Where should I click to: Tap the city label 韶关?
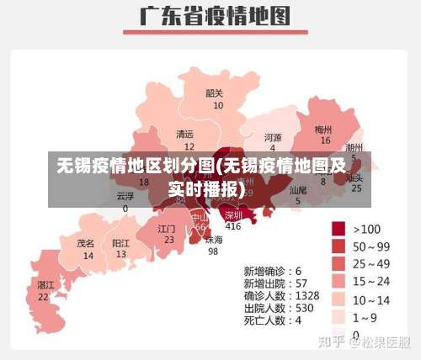click(215, 93)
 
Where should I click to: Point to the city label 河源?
click(273, 137)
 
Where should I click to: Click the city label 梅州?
click(323, 130)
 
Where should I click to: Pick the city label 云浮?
click(125, 196)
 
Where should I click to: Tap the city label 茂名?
click(86, 243)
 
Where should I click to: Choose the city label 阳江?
click(121, 242)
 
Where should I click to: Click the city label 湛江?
click(45, 285)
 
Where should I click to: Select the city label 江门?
click(167, 228)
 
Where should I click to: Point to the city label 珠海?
click(214, 240)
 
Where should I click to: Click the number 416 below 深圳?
click(233, 226)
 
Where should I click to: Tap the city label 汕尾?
click(298, 191)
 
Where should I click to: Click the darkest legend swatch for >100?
click(339, 228)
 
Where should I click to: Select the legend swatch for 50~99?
click(339, 246)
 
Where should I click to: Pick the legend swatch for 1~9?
click(339, 317)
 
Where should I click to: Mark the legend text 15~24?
click(371, 282)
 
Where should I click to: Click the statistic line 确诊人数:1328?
click(281, 296)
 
